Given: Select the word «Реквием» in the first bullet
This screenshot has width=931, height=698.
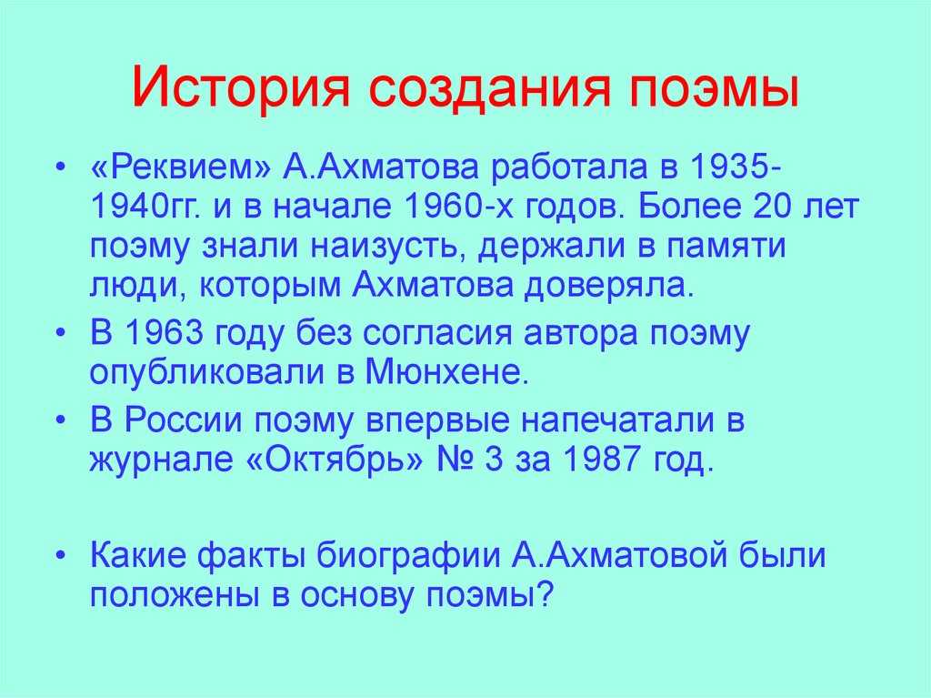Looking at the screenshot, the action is [181, 168].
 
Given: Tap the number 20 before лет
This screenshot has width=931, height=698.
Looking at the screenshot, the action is [773, 207].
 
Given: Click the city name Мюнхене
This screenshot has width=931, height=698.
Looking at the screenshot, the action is [446, 373].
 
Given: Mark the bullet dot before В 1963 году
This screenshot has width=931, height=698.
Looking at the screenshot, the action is [60, 334].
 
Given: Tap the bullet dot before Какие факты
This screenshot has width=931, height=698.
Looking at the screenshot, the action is [60, 556].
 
